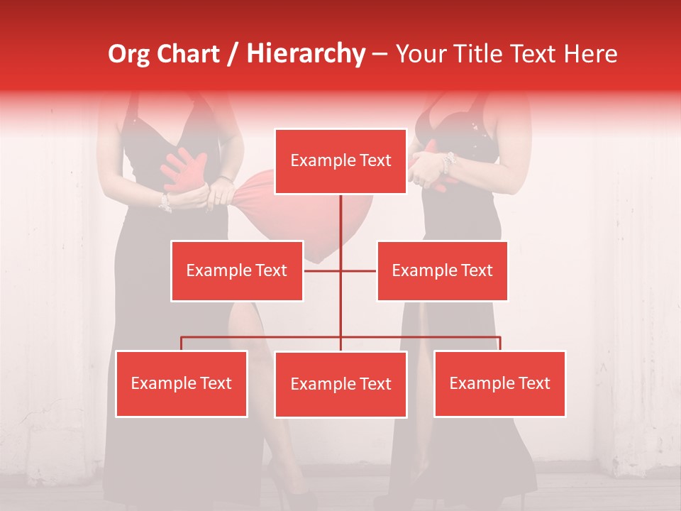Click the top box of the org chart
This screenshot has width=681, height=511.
(340, 161)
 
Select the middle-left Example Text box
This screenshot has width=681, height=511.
(237, 270)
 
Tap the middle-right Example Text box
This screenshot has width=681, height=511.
(442, 270)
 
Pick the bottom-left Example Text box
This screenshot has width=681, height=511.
(182, 383)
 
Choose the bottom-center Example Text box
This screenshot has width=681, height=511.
(340, 384)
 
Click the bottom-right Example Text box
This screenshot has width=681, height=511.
(499, 383)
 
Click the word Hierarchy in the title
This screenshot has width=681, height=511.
(306, 53)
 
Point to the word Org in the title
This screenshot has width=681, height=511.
(129, 53)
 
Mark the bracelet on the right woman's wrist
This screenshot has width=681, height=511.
(446, 163)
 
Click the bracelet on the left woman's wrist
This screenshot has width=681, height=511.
(165, 202)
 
